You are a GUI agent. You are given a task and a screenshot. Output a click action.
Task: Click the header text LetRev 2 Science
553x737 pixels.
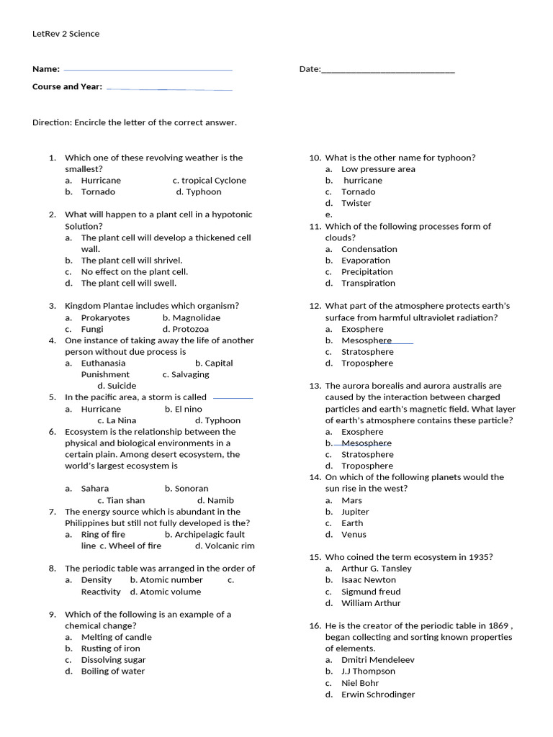click(66, 34)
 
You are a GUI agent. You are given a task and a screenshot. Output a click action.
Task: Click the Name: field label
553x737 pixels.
click(45, 69)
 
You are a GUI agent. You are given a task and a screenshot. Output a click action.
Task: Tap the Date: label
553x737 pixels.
click(310, 69)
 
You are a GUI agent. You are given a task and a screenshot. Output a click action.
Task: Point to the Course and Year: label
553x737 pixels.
click(67, 87)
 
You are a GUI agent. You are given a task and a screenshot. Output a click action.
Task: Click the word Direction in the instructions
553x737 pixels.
click(51, 122)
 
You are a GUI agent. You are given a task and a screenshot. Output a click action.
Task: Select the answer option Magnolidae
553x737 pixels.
click(196, 317)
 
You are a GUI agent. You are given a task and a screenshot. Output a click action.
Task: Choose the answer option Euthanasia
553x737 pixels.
click(103, 363)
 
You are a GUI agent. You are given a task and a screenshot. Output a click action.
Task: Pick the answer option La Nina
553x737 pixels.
click(121, 420)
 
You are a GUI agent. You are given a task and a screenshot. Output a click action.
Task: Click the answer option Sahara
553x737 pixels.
click(95, 489)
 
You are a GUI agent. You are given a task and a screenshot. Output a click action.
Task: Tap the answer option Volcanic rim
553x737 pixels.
click(230, 546)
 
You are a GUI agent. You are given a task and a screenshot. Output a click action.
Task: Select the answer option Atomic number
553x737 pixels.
click(171, 580)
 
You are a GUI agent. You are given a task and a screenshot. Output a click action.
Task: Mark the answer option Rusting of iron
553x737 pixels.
click(112, 648)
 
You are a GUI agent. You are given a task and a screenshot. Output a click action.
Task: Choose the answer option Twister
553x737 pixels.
click(356, 203)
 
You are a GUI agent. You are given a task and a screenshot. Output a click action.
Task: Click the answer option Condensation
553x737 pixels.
click(369, 249)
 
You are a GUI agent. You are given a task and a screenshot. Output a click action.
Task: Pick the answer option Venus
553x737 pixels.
click(354, 535)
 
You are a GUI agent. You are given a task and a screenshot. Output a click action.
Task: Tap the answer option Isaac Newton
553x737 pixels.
click(369, 580)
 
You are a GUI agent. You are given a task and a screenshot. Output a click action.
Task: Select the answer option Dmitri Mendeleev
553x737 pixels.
click(378, 660)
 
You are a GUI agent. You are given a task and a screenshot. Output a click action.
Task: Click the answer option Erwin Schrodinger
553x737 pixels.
click(378, 695)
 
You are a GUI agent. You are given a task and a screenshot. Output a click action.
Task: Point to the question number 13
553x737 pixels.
click(315, 386)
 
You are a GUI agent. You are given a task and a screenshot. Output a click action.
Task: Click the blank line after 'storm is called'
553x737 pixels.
click(233, 398)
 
